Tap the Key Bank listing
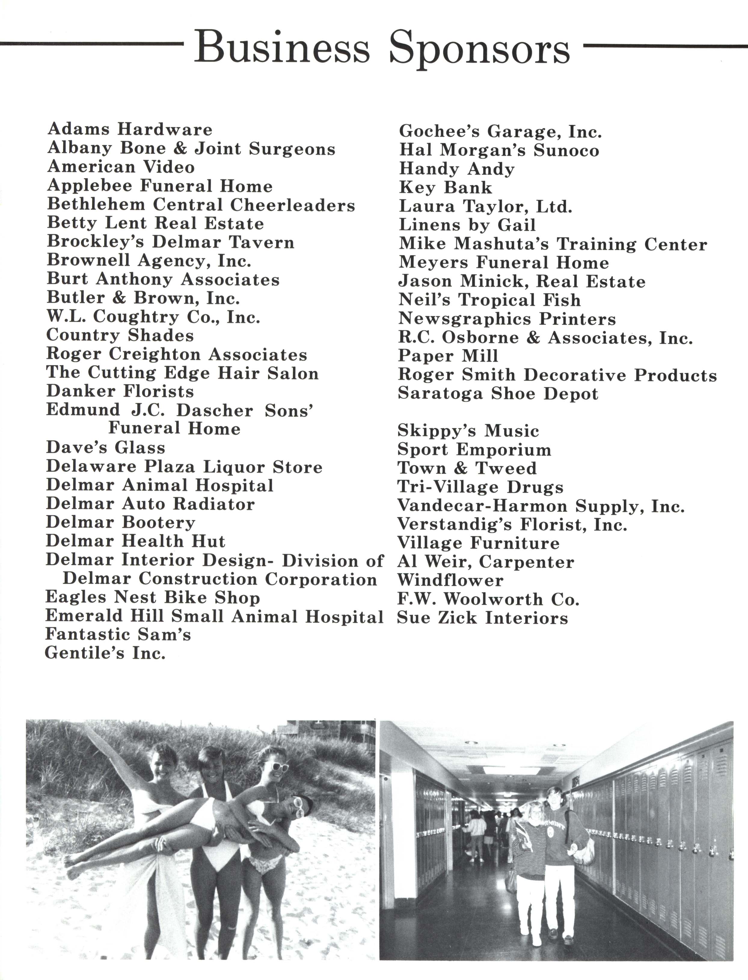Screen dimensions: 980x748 (445, 187)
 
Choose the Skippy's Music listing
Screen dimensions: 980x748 (468, 431)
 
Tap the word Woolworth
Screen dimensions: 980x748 (493, 599)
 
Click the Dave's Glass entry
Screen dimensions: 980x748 (106, 447)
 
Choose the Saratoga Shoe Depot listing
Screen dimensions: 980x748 (498, 394)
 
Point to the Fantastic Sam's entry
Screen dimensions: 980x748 (118, 634)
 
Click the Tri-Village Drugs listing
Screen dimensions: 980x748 (480, 487)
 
